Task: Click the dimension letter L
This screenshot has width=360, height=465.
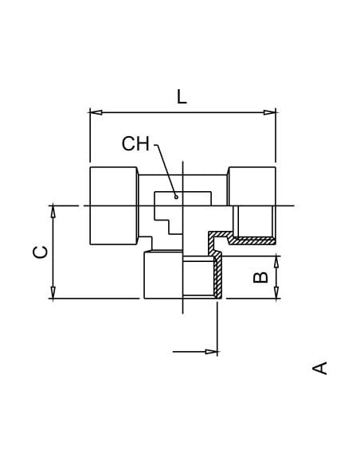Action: point(182,96)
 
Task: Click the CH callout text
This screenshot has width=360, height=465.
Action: point(135,143)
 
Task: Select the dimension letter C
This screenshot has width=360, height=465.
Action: point(40,252)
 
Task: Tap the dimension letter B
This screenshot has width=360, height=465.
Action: point(261,277)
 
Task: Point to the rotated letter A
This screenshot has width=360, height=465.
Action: point(319,368)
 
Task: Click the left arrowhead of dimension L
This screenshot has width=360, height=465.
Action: point(96,112)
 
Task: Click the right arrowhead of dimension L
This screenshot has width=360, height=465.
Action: point(269,112)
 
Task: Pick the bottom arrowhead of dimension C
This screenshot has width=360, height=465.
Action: point(53,292)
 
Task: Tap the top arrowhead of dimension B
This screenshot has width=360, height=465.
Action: point(276,262)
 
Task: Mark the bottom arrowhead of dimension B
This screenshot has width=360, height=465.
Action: point(276,292)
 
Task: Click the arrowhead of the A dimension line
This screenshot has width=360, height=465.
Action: point(211,352)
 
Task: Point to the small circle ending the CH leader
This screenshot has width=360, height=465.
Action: point(176,197)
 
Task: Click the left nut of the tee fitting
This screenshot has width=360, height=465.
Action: point(114,205)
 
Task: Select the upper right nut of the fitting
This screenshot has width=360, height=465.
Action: point(252,186)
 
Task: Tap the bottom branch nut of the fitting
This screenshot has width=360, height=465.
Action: point(163,275)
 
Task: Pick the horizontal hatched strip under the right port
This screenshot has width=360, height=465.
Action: point(252,240)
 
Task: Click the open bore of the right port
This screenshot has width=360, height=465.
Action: point(252,221)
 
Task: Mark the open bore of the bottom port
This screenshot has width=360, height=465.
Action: point(198,278)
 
